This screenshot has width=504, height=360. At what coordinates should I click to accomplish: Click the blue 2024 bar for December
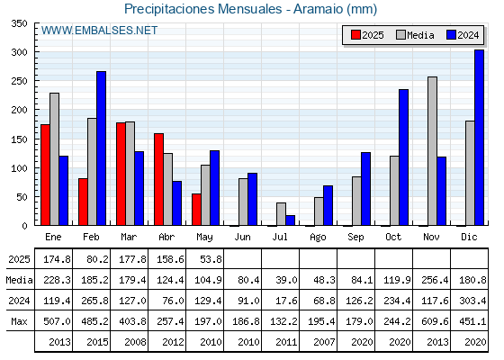coord(479,138)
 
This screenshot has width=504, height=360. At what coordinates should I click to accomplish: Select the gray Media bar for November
coord(432,151)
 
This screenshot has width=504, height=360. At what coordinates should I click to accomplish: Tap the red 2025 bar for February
coord(83,202)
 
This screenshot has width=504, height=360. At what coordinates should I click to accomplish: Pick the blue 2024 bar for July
coord(290,220)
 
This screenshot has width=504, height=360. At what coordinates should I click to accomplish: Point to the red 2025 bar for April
coord(158,179)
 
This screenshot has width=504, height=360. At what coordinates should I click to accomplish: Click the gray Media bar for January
coord(54,159)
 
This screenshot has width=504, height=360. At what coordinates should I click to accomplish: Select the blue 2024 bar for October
coord(403,157)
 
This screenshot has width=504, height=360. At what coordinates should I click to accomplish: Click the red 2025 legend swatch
coord(355,35)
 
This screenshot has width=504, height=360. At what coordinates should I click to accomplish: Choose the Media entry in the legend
coord(415,35)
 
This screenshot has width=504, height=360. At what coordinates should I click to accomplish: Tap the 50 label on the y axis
coord(22,197)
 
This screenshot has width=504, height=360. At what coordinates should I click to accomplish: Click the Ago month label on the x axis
coord(318,238)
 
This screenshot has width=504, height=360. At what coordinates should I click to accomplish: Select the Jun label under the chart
coord(242,237)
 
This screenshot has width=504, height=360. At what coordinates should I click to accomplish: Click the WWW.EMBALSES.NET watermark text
coord(99,31)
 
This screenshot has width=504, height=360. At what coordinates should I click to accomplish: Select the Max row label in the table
coord(19,321)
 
